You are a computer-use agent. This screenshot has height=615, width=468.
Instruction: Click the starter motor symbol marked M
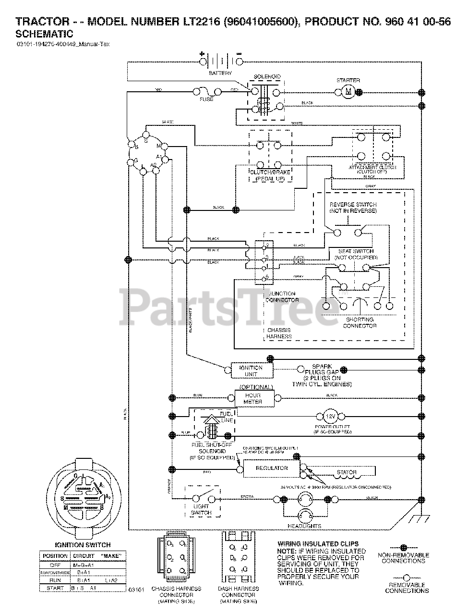(x=348, y=91)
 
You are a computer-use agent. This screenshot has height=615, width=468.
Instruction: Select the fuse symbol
(x=207, y=91)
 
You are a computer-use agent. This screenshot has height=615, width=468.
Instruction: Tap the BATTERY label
(x=220, y=74)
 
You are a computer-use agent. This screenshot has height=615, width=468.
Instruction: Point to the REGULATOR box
(x=271, y=468)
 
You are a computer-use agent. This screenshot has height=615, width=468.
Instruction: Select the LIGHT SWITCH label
(x=201, y=510)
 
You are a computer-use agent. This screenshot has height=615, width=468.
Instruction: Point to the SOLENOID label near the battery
(x=267, y=77)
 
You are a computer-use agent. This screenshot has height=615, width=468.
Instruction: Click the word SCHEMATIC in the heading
(x=44, y=34)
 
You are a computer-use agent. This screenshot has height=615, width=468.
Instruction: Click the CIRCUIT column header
(x=84, y=556)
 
